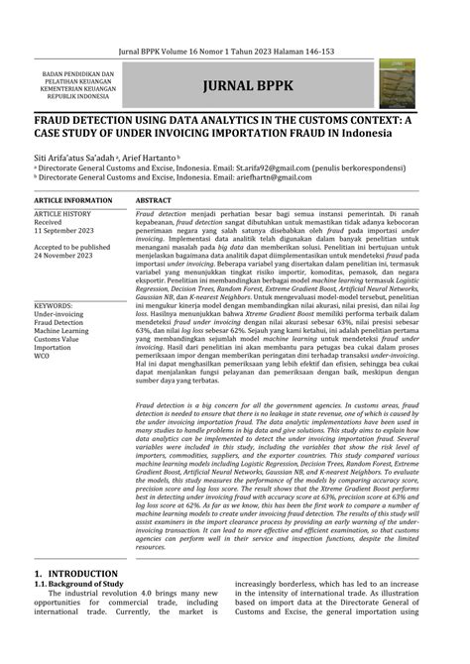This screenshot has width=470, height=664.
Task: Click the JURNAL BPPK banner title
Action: click(x=247, y=85)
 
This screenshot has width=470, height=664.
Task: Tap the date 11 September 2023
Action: click(x=69, y=231)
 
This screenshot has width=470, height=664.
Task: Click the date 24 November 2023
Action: click(x=68, y=255)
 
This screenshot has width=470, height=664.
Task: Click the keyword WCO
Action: click(x=44, y=357)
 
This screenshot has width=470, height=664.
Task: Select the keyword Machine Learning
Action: click(x=68, y=331)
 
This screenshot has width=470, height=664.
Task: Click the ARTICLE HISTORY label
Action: click(x=63, y=214)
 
